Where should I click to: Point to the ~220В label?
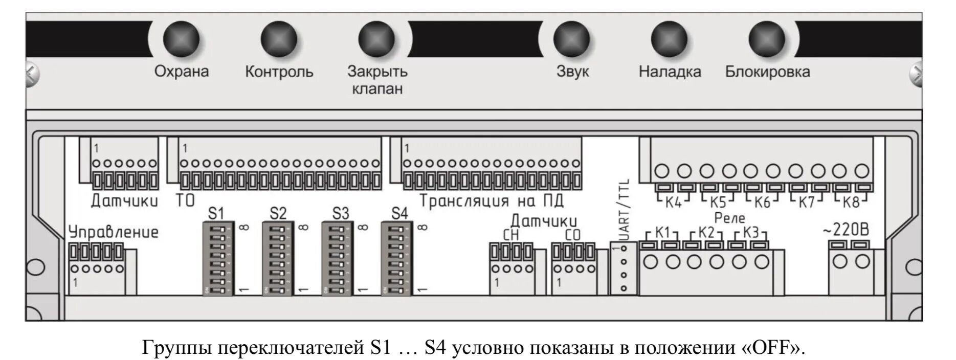pos(846,230)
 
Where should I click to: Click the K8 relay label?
pos(851,202)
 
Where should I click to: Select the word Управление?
pos(114,233)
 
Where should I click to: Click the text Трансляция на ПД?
pos(491,201)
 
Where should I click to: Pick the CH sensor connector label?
pos(510,236)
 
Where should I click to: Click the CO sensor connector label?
pos(573,236)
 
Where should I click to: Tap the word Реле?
pos(729,218)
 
